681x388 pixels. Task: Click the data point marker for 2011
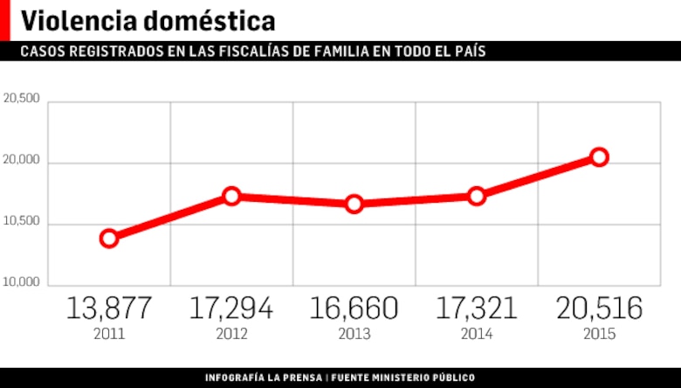coord(109,238)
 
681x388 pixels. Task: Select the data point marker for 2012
coord(231,196)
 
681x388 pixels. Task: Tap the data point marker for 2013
coord(354,204)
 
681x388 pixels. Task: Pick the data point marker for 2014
coord(477,196)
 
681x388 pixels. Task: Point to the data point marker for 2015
coord(599,157)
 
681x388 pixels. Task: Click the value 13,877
coord(109,308)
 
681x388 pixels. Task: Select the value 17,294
coord(231,308)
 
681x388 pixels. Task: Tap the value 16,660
coord(354,308)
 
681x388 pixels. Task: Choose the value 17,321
coord(477,308)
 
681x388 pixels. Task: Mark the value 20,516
coord(599,308)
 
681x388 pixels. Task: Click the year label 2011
coord(109,334)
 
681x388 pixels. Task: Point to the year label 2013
coord(354,334)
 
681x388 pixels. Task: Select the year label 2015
coord(599,334)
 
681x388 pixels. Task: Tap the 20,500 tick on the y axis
coord(22,99)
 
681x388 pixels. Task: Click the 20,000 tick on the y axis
coord(22,161)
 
